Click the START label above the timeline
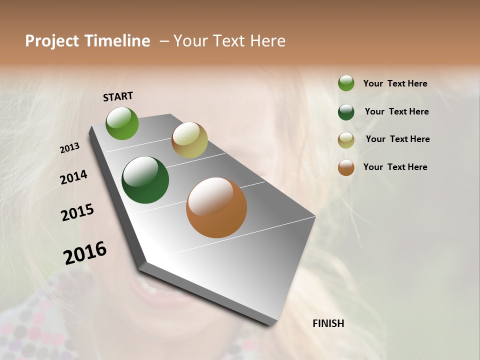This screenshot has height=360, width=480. coord(118,96)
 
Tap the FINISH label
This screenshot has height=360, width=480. coord(328,323)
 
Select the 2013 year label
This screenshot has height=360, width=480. coord(69,148)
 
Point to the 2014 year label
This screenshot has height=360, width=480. coord(73,177)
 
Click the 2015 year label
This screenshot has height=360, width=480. coord(77,212)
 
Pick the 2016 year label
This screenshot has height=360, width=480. coord(85,253)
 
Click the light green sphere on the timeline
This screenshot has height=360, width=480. coord(122,123)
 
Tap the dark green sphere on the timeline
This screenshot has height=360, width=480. coord(145,180)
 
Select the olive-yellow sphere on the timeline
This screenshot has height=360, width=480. coord(189,140)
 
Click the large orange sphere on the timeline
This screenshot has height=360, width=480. coord(216,207)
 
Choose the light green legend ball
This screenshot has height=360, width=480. coord(346,83)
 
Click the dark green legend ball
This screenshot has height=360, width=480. coord(346,112)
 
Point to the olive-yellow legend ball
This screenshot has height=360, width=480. coord(346,140)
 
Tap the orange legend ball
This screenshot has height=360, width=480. coord(346,167)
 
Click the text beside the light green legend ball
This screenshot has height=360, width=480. coord(395,83)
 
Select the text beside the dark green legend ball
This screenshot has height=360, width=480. coord(396,111)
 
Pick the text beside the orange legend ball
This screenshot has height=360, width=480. coord(395,167)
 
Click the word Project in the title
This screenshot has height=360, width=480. coord(52,41)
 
